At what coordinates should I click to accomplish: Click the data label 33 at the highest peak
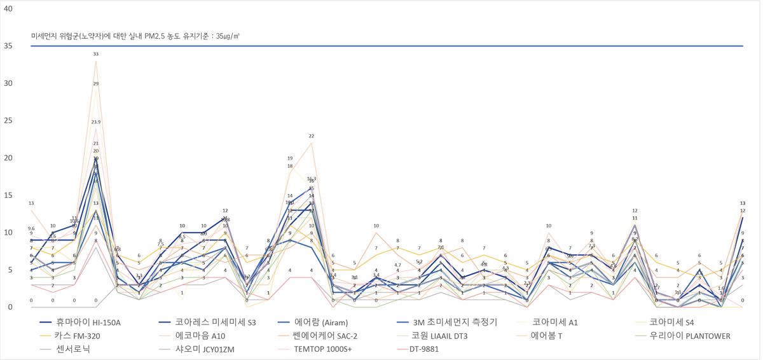(96, 54)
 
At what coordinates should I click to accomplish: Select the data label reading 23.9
(96, 121)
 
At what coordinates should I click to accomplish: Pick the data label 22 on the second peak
(312, 136)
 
